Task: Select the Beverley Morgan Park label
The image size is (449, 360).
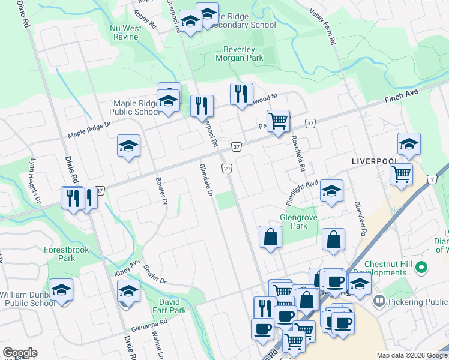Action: point(240,54)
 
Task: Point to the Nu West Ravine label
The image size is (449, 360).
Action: point(125,32)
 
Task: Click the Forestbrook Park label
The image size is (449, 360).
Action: point(59,254)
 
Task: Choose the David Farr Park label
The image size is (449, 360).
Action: point(165,307)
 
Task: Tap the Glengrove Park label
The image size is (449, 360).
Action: point(294,222)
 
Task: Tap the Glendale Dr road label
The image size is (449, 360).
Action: point(206,181)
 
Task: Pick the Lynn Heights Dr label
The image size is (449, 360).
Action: point(35,180)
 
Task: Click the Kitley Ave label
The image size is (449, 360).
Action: point(127,268)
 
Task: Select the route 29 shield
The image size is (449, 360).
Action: point(227,169)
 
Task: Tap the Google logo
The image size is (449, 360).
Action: point(20,353)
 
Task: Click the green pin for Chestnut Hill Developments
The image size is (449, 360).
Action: point(421,266)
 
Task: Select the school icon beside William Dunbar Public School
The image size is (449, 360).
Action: point(61,290)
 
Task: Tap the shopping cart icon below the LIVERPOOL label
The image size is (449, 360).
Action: point(401,175)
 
